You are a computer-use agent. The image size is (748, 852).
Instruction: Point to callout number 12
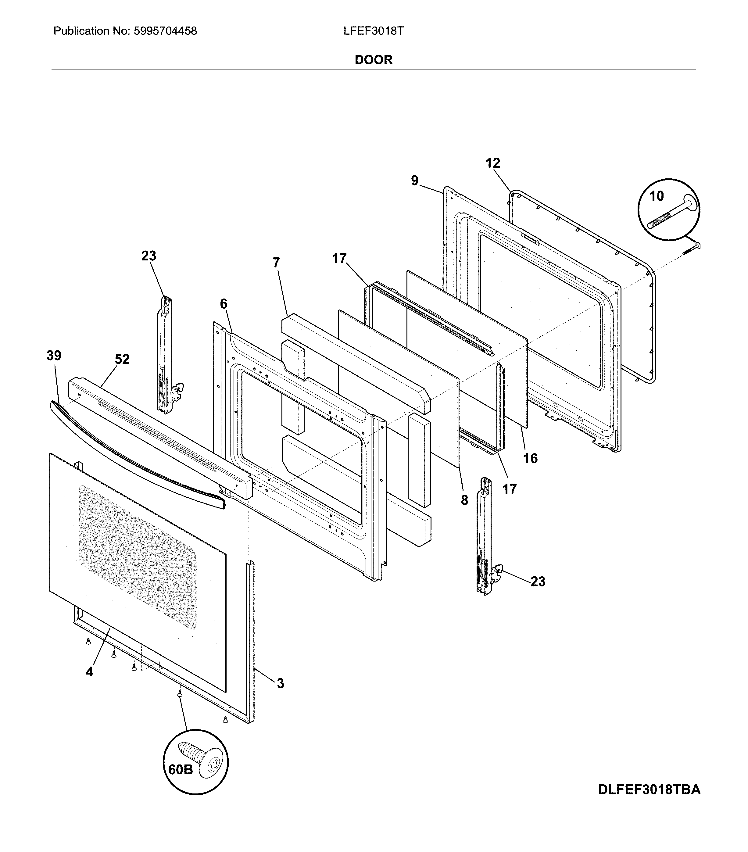coord(492,163)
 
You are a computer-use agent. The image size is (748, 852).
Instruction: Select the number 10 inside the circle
coord(657,195)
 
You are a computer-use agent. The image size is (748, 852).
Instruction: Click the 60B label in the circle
coord(181,769)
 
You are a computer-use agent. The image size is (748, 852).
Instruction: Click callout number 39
coord(54,356)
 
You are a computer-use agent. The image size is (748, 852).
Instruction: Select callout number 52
coord(122,359)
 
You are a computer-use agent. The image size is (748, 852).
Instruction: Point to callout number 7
coord(276,263)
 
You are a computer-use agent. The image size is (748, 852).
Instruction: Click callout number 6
coord(224,304)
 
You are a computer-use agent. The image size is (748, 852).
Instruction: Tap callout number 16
coord(530,459)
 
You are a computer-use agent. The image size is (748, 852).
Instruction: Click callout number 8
coord(464,500)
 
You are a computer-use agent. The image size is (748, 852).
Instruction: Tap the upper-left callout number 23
coord(149,256)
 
